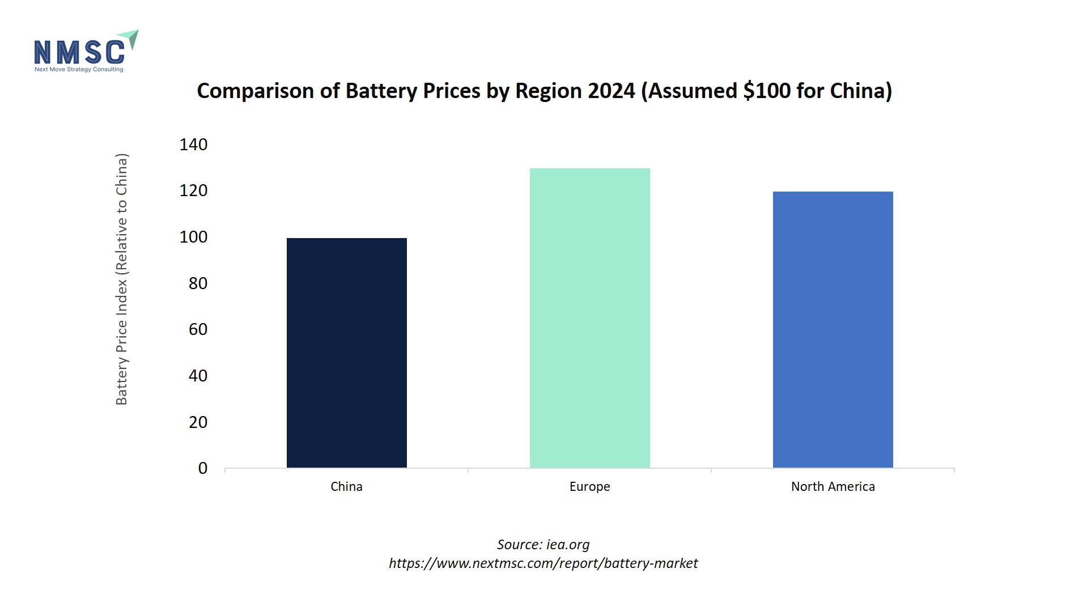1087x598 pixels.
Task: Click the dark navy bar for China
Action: [346, 353]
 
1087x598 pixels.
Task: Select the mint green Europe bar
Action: [589, 318]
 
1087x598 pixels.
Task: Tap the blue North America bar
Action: [833, 329]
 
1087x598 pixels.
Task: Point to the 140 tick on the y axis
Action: [193, 145]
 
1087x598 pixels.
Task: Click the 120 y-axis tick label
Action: [193, 190]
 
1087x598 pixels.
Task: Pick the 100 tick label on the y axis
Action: [193, 237]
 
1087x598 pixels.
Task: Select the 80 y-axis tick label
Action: [198, 283]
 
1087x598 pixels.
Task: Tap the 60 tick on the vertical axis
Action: [198, 329]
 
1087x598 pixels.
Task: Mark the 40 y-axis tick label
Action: [198, 376]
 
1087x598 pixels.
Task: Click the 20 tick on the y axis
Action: [198, 422]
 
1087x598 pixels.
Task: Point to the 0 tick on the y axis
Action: [202, 468]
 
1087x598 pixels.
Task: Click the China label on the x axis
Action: [346, 486]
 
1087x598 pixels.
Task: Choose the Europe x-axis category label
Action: [589, 486]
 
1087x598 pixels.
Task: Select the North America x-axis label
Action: [833, 486]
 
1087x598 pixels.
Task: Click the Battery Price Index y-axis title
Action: [122, 279]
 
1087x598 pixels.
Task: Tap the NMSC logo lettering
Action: [79, 52]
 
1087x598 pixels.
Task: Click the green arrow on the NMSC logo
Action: [131, 39]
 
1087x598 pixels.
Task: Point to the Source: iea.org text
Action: [543, 545]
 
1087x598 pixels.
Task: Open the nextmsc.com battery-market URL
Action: [543, 563]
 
